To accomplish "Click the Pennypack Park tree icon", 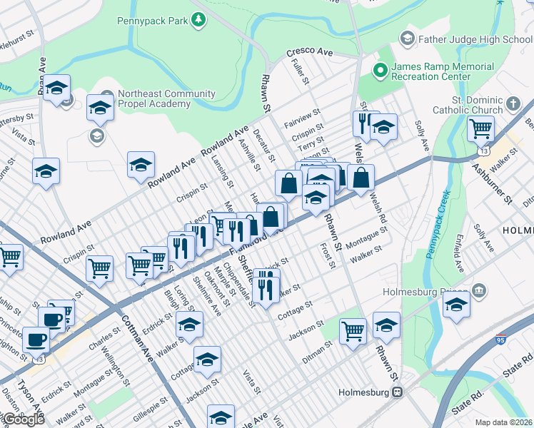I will (x=198, y=20).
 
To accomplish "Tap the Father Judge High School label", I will (x=475, y=39).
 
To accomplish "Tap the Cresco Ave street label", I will (x=310, y=53).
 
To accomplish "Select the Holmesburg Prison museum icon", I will (x=478, y=291).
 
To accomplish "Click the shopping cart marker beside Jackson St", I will (x=353, y=330).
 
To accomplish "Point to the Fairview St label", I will (x=301, y=116).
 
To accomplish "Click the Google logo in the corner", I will (x=23, y=419).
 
